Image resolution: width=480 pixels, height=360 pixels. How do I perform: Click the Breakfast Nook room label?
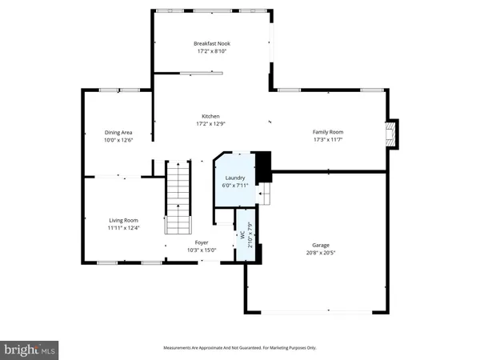tap(212, 43)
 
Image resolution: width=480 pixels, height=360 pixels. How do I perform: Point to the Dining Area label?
tap(118, 132)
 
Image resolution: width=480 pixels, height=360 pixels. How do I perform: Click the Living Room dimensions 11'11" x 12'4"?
tap(124, 228)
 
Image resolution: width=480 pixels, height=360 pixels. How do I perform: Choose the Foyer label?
tap(202, 242)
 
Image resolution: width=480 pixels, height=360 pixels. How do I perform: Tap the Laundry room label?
tap(235, 178)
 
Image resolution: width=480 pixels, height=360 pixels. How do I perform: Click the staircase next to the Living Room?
tap(178, 196)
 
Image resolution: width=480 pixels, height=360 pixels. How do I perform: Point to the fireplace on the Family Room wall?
tap(390, 134)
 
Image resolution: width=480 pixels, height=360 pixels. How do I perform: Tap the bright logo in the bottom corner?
tap(30, 349)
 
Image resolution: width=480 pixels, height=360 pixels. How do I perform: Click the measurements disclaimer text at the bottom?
tap(240, 348)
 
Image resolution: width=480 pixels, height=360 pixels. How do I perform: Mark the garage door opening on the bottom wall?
tap(317, 311)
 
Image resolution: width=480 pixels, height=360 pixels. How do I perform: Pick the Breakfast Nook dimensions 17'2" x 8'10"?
tap(212, 51)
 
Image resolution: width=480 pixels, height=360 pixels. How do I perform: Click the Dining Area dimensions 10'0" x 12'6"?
tap(118, 140)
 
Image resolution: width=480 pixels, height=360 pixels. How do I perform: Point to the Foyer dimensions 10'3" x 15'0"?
tap(202, 250)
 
